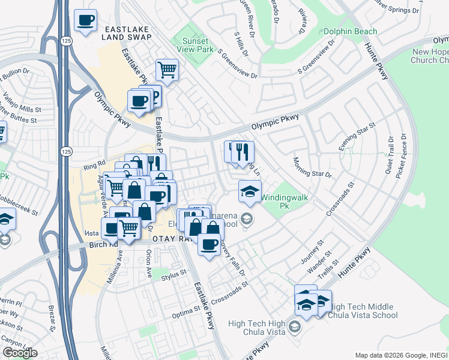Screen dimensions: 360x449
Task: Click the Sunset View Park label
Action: (194, 46)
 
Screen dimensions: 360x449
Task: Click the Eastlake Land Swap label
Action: (126, 33)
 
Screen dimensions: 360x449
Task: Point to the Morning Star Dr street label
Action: (312, 167)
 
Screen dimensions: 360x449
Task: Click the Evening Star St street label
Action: (357, 137)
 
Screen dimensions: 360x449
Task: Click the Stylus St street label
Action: (175, 274)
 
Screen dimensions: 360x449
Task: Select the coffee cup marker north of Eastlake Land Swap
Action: (85, 21)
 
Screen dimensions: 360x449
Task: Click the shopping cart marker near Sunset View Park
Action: (167, 70)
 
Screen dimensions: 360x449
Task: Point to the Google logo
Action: (20, 353)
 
